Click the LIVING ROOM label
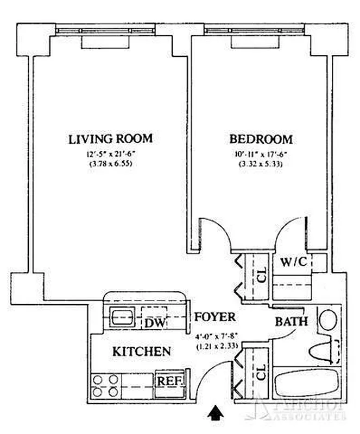tap(110, 139)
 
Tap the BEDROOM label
tap(261, 139)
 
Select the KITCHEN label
tap(142, 352)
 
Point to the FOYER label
tap(216, 317)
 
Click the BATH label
tap(292, 321)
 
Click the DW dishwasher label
tap(154, 323)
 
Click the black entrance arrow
tap(216, 414)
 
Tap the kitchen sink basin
tap(118, 316)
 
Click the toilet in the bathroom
tap(324, 350)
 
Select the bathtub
tap(306, 384)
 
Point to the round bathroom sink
tap(327, 319)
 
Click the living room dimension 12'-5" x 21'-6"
tap(110, 154)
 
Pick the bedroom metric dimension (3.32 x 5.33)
tap(261, 164)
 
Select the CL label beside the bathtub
tap(260, 373)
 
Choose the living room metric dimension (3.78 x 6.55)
tap(110, 164)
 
